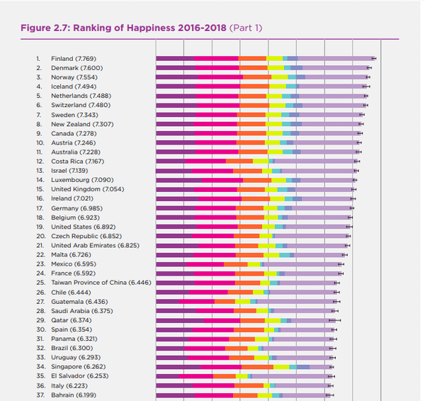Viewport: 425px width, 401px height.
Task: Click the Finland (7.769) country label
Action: [x=74, y=59]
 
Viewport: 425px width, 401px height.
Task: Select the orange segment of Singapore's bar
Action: [x=258, y=367]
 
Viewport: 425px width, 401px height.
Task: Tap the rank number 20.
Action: [x=41, y=236]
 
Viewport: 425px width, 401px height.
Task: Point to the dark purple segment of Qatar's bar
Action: [x=180, y=320]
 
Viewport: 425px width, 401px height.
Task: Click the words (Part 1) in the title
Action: [x=246, y=28]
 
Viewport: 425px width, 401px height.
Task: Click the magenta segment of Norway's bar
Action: [x=220, y=77]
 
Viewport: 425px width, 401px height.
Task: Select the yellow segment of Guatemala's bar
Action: [x=242, y=302]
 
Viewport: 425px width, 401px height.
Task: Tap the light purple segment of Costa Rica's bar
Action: [x=314, y=162]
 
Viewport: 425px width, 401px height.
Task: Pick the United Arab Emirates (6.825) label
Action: [x=95, y=245]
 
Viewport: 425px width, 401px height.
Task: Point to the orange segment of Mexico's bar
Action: [x=236, y=264]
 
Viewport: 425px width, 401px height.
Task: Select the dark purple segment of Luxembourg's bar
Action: [x=179, y=180]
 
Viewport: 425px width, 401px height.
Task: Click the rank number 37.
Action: [x=40, y=395]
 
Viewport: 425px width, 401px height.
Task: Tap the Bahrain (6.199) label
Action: [x=74, y=395]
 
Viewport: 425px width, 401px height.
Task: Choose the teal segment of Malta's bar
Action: [x=285, y=255]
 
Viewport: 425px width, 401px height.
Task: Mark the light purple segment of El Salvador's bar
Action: [x=290, y=376]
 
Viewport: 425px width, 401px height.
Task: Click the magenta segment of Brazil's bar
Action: [x=205, y=348]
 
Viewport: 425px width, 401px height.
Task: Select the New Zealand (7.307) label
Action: [x=82, y=124]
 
